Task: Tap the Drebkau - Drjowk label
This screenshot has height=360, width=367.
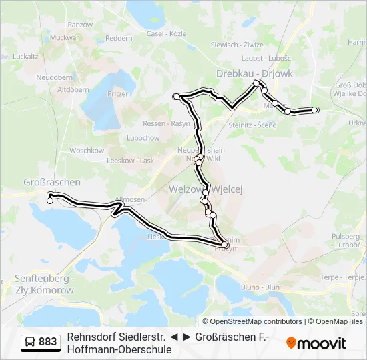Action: [x=254, y=73]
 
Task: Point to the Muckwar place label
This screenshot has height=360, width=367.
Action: [x=64, y=38]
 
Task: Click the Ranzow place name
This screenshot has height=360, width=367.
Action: [x=80, y=24]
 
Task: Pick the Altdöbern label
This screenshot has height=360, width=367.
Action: [x=73, y=89]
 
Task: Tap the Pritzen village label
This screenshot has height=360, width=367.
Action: [x=119, y=94]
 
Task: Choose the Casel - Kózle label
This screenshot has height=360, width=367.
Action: [x=166, y=33]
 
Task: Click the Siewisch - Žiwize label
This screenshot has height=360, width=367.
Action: [x=237, y=45]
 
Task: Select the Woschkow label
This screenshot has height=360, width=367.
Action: [x=87, y=151]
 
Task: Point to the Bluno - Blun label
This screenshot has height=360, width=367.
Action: [x=262, y=287]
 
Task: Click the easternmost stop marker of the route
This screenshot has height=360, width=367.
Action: [x=315, y=110]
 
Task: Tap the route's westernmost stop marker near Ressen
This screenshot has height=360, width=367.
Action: [x=176, y=97]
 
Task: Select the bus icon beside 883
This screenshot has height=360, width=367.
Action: [x=30, y=342]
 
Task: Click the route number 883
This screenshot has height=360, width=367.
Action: [x=48, y=342]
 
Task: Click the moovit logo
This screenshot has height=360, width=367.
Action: [x=316, y=343]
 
